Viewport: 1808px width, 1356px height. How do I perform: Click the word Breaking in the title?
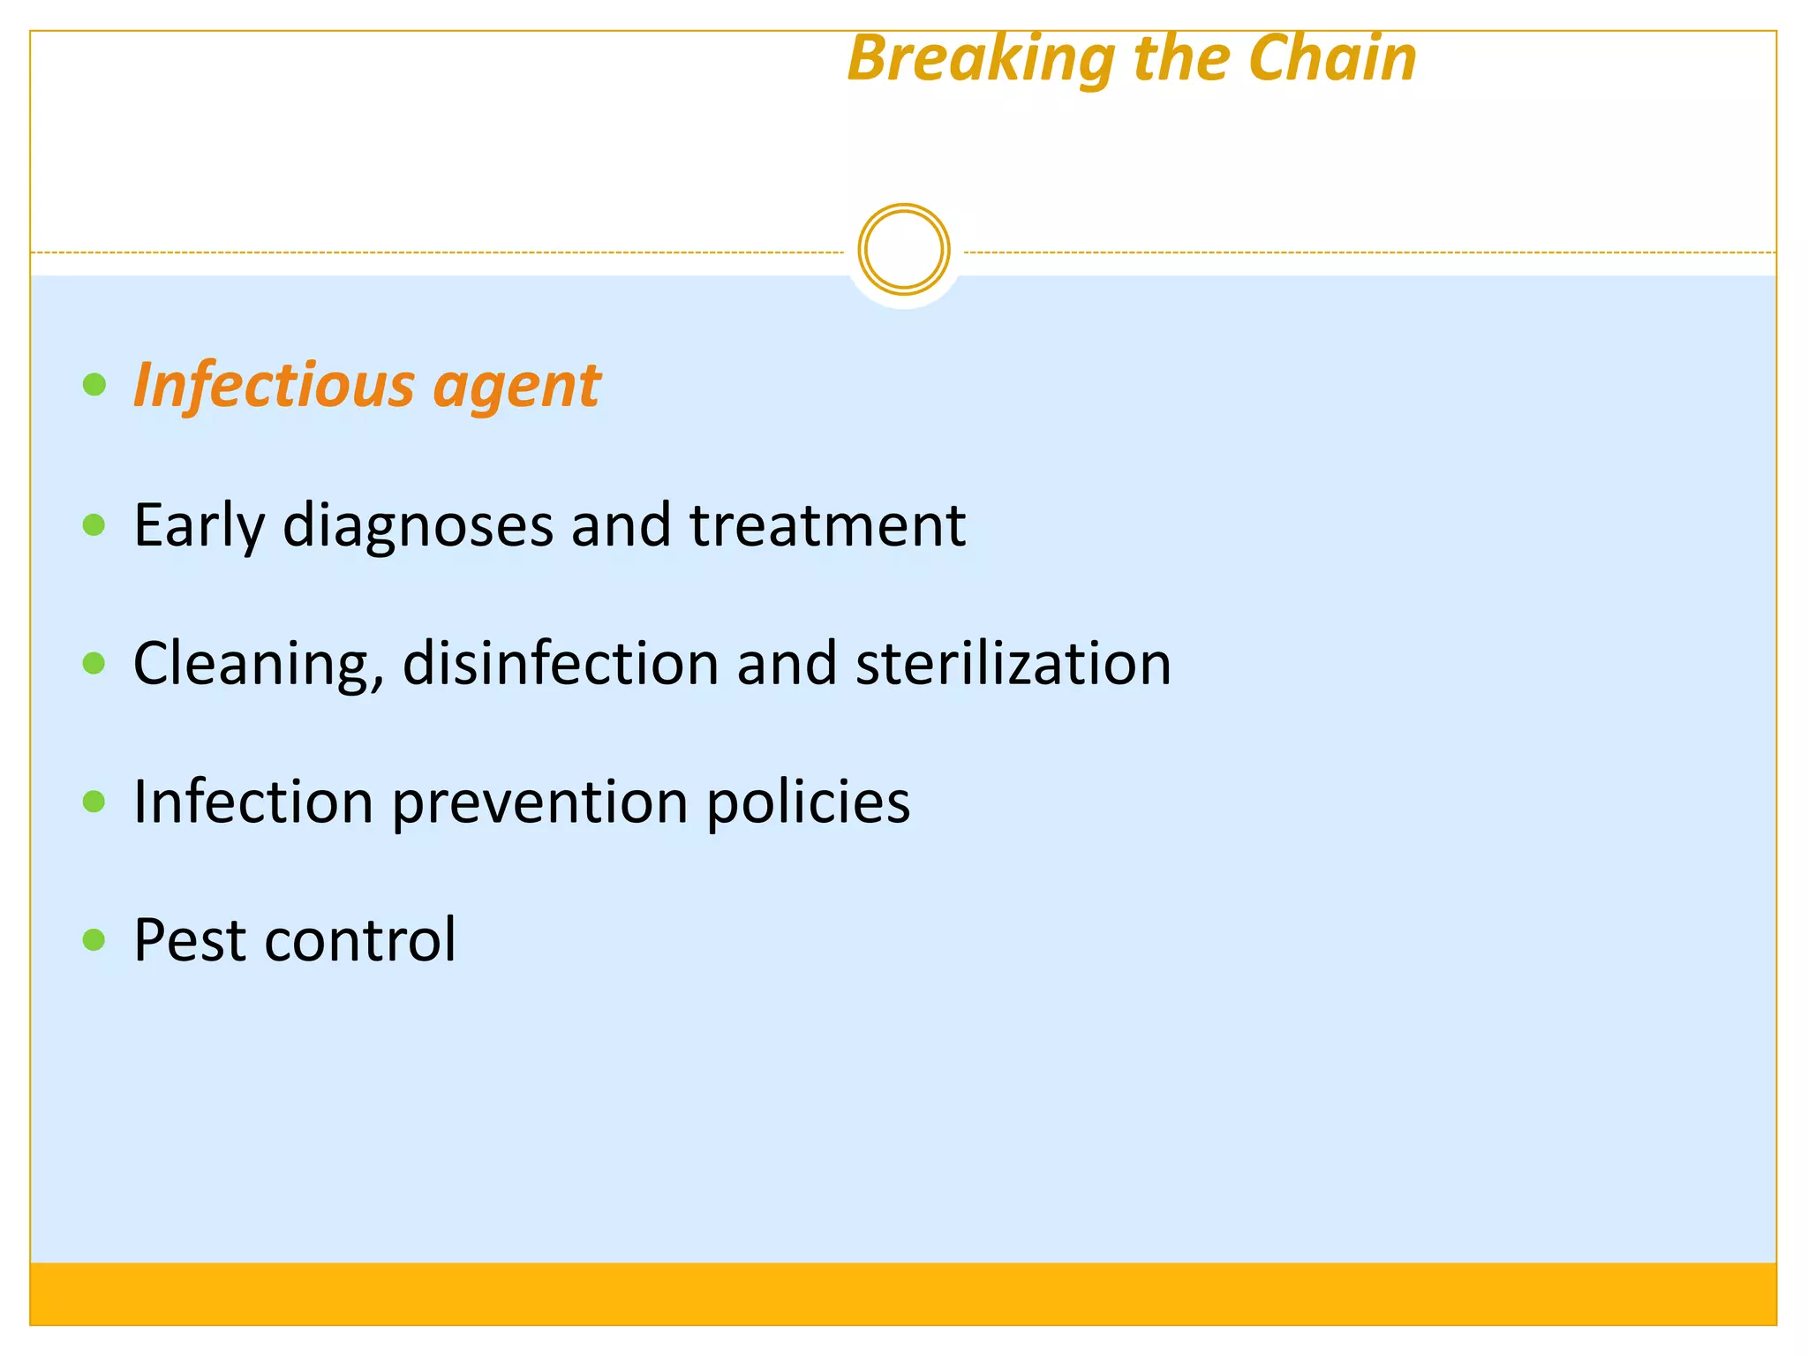coord(980,59)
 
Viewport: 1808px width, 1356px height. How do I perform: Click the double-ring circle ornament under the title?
coord(903,250)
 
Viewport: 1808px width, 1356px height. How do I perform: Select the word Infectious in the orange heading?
coord(274,386)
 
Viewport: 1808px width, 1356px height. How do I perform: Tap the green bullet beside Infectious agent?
coord(94,385)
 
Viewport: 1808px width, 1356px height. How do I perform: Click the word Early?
coord(199,526)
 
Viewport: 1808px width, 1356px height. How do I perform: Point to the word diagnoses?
coord(417,526)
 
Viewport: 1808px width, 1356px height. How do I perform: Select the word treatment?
coord(827,525)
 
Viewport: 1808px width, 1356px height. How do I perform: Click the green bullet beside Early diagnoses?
coord(94,525)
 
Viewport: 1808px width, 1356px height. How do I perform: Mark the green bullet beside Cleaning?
coord(94,663)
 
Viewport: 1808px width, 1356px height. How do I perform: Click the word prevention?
coord(539,802)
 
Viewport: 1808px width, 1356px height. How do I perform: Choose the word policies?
coord(808,802)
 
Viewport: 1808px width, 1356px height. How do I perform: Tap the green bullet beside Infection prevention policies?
coord(94,802)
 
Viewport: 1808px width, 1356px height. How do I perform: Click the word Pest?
coord(189,939)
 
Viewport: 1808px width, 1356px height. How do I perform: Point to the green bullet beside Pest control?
coord(94,939)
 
